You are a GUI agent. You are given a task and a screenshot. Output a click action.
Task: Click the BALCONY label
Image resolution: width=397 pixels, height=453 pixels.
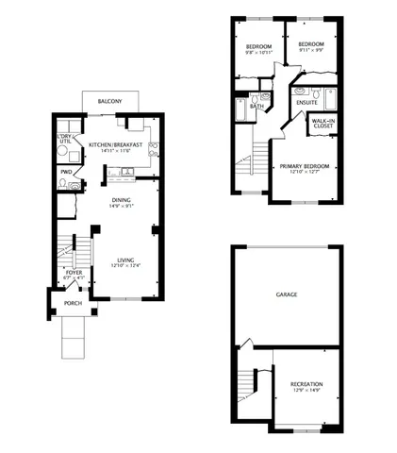pyautogui.click(x=111, y=100)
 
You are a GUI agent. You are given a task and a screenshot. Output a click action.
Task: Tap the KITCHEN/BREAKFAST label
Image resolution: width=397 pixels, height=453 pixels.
pyautogui.click(x=115, y=144)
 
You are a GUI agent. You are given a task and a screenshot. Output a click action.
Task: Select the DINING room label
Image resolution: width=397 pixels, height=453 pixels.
pyautogui.click(x=121, y=199)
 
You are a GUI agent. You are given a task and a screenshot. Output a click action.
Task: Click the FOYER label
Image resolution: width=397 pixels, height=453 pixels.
pyautogui.click(x=74, y=272)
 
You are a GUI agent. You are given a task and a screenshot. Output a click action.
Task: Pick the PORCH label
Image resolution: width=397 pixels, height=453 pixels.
pyautogui.click(x=73, y=303)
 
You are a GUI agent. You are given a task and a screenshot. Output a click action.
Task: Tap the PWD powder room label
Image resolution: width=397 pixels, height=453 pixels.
pyautogui.click(x=66, y=172)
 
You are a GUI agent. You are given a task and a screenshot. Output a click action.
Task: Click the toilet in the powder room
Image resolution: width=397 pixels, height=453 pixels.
pyautogui.click(x=62, y=186)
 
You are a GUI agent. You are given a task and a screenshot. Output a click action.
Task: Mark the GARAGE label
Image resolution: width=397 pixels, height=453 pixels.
pyautogui.click(x=286, y=294)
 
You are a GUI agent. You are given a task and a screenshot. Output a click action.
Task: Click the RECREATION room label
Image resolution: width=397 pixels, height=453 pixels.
pyautogui.click(x=306, y=384)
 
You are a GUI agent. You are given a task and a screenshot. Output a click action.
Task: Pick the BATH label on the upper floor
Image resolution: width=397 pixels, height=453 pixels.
pyautogui.click(x=256, y=106)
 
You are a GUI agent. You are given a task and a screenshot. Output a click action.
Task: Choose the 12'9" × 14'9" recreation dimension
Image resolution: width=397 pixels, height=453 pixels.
pyautogui.click(x=306, y=392)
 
